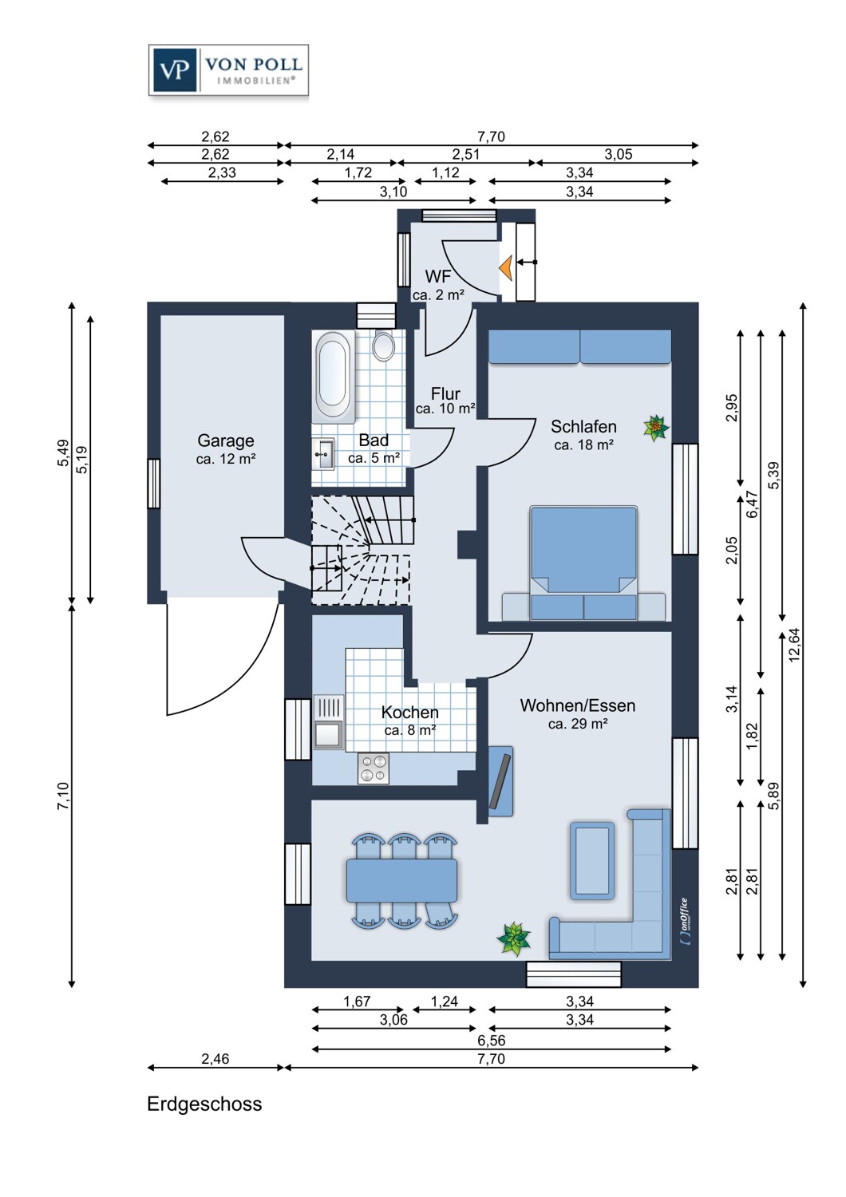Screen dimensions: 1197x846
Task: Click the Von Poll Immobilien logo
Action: click(x=228, y=70)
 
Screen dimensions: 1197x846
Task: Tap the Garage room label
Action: click(x=226, y=441)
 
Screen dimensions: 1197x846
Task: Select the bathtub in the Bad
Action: click(x=333, y=377)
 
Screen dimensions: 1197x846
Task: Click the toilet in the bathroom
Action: click(x=384, y=346)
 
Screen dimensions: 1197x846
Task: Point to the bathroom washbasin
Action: click(x=324, y=455)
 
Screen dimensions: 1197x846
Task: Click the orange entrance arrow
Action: click(x=505, y=268)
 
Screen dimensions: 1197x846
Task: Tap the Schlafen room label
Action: click(x=583, y=427)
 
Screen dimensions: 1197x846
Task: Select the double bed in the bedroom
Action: click(x=583, y=562)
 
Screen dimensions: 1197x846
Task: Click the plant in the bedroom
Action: click(x=656, y=429)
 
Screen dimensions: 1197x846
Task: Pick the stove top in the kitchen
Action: click(x=373, y=768)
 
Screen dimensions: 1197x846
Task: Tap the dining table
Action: click(x=401, y=880)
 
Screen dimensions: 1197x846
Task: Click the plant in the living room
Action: click(x=514, y=938)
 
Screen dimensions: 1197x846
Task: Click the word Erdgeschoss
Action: click(x=204, y=1104)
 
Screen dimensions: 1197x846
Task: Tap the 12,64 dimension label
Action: click(x=794, y=645)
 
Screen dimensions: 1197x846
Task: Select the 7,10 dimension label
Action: click(x=63, y=796)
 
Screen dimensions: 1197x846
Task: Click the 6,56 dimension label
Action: click(x=491, y=1040)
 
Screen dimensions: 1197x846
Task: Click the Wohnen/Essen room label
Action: click(x=578, y=706)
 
